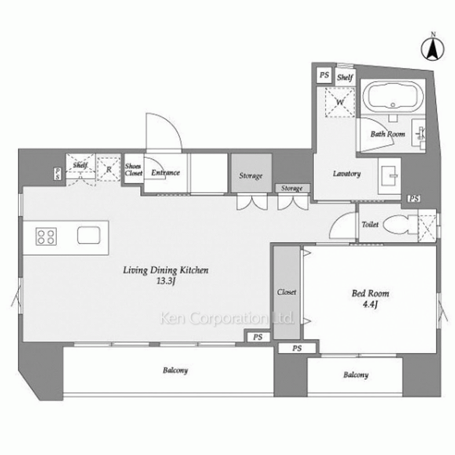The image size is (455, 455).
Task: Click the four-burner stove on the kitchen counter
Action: tap(46, 237)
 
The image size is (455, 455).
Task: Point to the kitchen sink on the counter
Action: tap(89, 235)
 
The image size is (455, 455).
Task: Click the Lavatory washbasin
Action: tap(389, 176)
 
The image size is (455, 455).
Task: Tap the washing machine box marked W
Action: tap(340, 102)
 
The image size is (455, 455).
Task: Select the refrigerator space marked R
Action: tap(109, 169)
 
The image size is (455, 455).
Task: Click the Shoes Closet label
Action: tap(133, 169)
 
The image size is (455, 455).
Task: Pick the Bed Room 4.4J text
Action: tap(370, 298)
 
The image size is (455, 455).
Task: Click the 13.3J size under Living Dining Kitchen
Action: tap(166, 281)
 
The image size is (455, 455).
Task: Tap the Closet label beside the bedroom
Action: tap(287, 292)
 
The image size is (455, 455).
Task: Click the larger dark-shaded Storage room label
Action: tap(251, 176)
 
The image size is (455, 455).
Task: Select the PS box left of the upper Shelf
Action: tap(324, 75)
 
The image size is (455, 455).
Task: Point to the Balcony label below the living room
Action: tap(175, 370)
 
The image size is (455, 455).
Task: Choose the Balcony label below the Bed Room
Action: tap(356, 375)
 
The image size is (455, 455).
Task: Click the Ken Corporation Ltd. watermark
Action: tap(227, 318)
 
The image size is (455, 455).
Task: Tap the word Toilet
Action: tap(370, 224)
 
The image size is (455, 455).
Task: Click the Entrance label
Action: tap(166, 172)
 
